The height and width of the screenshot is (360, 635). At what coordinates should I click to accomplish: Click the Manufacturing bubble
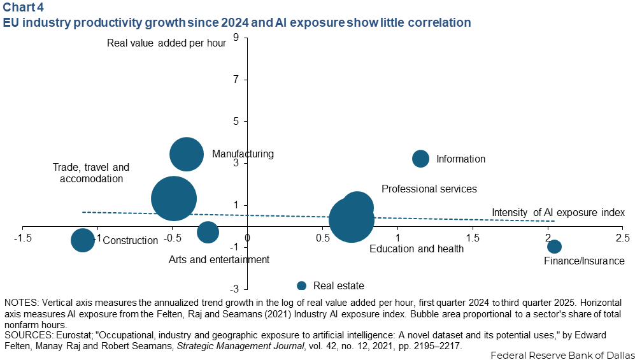click(x=186, y=154)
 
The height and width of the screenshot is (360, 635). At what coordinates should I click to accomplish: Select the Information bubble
click(x=421, y=158)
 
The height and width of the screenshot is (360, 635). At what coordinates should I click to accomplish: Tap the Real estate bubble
click(x=301, y=286)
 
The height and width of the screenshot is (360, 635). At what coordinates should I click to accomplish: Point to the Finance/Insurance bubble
click(x=554, y=246)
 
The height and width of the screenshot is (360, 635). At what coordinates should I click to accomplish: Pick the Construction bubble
click(x=83, y=240)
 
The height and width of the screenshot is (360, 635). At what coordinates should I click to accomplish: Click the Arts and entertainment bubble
click(x=208, y=233)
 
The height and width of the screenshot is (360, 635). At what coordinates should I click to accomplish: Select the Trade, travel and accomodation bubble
click(x=174, y=198)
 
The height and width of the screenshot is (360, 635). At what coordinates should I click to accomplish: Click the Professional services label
click(x=429, y=189)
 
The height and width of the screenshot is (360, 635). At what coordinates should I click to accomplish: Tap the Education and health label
click(x=417, y=248)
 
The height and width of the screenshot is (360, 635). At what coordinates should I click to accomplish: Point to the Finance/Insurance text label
click(x=584, y=261)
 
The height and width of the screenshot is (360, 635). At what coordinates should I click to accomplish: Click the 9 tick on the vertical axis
click(x=236, y=38)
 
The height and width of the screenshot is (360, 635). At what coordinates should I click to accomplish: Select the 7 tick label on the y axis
click(x=236, y=80)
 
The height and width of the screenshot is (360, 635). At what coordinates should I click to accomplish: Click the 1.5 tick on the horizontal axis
click(x=473, y=236)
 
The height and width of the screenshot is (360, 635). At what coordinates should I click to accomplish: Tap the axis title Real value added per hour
click(x=166, y=43)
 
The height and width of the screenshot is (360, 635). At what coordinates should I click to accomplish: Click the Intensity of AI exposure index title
click(x=558, y=212)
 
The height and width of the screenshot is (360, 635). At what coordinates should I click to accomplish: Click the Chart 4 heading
click(x=23, y=7)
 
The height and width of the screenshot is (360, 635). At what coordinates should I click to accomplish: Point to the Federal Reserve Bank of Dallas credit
click(x=562, y=355)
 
